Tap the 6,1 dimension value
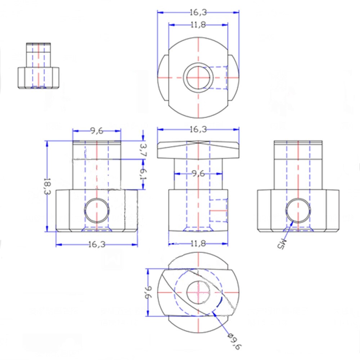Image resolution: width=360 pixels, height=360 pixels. [x=143, y=174]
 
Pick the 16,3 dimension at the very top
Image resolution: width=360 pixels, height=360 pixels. [x=198, y=12]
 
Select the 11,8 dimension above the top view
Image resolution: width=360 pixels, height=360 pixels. [x=198, y=25]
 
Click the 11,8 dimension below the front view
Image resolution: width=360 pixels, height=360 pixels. [x=198, y=244]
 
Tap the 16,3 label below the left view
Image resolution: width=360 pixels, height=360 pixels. [x=96, y=244]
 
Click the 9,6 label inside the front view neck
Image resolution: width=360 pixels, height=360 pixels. [x=198, y=174]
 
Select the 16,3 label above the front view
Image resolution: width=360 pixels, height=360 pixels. [x=198, y=129]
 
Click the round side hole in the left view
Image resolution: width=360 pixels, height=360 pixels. [x=96, y=211]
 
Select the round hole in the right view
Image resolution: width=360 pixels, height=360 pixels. [x=298, y=211]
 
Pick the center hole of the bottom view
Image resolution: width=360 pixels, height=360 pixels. [x=198, y=292]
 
